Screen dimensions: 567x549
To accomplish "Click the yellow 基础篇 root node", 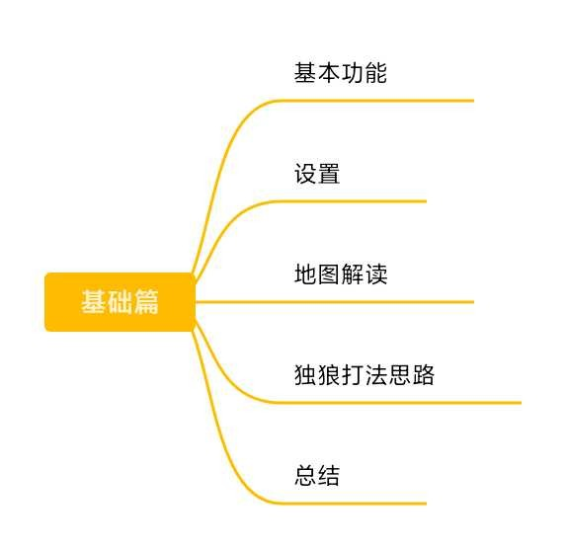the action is pos(120,302).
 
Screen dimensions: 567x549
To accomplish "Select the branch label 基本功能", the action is pos(340,73).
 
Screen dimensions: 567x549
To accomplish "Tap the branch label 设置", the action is pos(317,174).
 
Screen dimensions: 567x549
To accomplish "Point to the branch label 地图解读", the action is pos(340,274).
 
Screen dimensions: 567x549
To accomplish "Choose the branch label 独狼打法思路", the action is pos(364,375).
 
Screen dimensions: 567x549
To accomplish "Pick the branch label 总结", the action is pos(317,475).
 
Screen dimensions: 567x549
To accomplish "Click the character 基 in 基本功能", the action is pos(305,73).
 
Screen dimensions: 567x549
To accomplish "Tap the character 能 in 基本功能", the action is pos(376,73).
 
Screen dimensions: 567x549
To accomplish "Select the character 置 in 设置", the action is pos(329,174).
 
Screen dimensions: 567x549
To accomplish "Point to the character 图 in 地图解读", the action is pos(329,274).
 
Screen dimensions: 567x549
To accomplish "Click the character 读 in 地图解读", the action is pos(376,274).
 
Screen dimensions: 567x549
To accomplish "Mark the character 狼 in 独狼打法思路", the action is pos(329,375).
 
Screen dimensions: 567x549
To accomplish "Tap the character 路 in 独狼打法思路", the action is pos(423,375).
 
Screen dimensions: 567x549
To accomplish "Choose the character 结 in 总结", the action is pos(329,475).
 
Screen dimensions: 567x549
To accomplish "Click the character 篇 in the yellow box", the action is pos(146,302).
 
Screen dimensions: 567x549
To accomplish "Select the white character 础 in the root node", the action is pos(121,302).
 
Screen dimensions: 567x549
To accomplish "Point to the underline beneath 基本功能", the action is pos(376,101).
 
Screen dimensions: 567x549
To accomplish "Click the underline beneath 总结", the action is pos(353,504).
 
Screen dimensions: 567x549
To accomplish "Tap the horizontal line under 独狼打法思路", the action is pos(400,403).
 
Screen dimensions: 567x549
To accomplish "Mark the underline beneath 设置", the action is pos(353,201).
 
